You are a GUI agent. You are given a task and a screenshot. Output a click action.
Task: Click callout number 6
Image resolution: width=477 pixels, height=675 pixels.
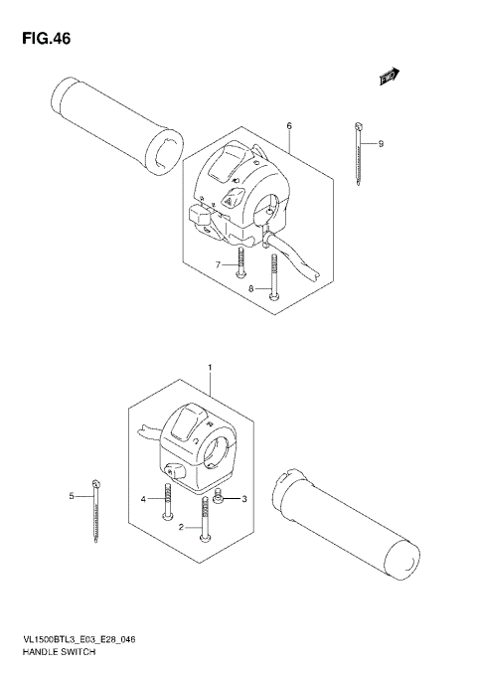[288, 126]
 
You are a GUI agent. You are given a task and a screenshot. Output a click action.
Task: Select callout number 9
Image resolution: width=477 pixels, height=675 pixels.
[380, 144]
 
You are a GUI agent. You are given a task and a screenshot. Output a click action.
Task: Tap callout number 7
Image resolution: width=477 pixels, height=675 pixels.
[219, 264]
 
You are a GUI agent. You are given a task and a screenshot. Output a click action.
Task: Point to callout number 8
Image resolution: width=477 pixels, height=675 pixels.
[251, 289]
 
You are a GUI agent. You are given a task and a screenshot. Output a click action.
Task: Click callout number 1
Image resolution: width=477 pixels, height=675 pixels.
[210, 368]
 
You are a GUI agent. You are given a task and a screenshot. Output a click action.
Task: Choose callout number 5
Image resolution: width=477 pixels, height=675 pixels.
[72, 495]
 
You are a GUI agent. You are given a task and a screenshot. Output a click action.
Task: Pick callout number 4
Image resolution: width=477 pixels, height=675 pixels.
[143, 498]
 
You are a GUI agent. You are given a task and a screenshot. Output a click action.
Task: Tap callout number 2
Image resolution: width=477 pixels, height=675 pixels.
[181, 528]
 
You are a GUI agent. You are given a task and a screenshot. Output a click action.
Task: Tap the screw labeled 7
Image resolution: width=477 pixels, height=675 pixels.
[240, 262]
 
